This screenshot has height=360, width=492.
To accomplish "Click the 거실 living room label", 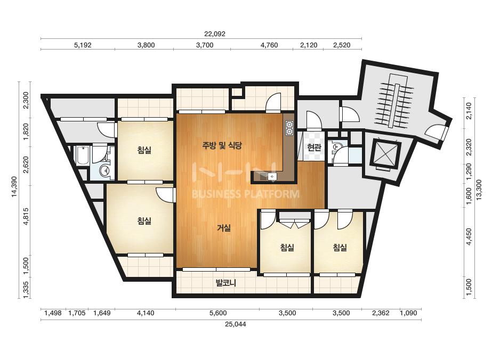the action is point(224,228).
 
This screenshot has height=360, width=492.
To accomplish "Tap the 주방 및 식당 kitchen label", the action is point(222,145).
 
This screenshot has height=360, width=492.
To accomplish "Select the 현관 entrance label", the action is point(314,148).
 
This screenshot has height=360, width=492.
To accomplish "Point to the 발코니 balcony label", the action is point(226,283).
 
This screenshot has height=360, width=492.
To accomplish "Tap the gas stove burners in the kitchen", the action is point(289,128).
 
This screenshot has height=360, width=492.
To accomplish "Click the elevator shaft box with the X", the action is point(385,155).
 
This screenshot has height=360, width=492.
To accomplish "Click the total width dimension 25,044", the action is point(235,324).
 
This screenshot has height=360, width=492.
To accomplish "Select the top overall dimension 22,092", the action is point(215,34).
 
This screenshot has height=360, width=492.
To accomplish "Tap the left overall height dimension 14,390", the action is point(14,187).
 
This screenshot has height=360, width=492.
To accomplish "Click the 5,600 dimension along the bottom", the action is point(217,313).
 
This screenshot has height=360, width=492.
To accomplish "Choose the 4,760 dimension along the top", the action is point(269,45).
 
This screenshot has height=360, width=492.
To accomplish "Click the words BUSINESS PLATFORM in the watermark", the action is point(245,194).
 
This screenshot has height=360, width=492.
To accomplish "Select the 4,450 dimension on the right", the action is point(469,236).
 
